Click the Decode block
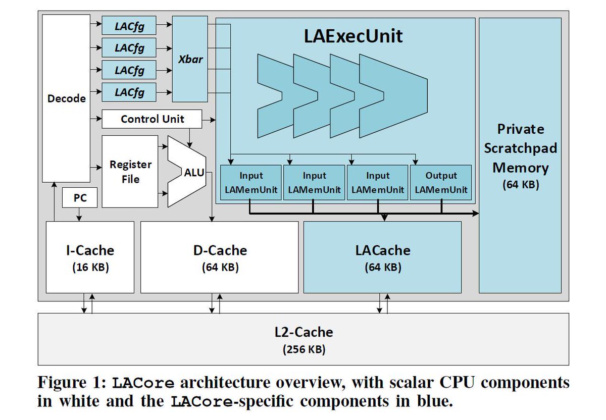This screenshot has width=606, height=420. click(66, 98)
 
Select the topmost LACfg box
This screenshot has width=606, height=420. click(129, 25)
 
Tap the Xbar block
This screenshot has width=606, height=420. click(190, 59)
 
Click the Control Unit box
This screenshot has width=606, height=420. click(152, 119)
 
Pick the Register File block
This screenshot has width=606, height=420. click(130, 172)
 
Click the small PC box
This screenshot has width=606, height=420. click(80, 198)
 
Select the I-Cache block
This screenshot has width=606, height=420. click(90, 257)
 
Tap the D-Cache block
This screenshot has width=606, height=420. click(219, 257)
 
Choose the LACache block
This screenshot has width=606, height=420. click(382, 257)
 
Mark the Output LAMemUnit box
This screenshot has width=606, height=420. click(441, 183)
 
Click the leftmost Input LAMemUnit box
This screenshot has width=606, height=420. click(251, 183)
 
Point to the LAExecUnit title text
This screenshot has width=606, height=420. click(353, 37)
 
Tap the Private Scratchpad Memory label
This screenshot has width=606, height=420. click(520, 148)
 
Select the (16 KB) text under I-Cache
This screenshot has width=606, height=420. click(90, 267)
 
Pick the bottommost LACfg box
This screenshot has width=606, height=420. click(129, 92)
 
